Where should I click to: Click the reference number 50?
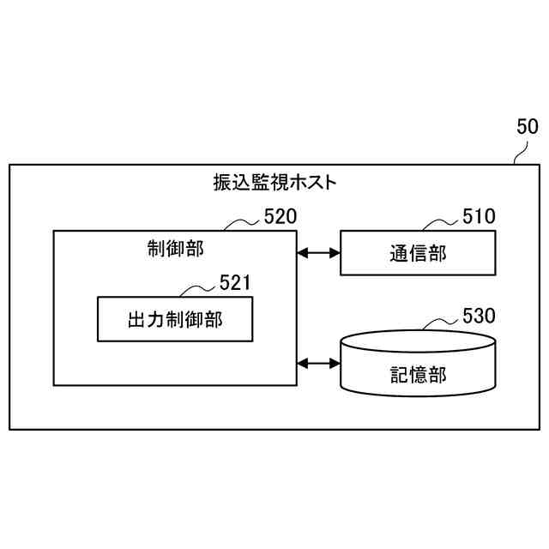(x=527, y=127)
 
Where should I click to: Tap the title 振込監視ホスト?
(x=274, y=183)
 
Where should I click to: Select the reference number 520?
(x=280, y=216)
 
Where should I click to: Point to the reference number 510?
(x=479, y=216)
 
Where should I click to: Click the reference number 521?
(x=237, y=282)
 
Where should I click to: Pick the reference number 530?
(x=479, y=315)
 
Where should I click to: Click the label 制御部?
(x=175, y=249)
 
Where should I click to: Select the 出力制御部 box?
(x=175, y=320)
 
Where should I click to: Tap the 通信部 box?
(x=418, y=253)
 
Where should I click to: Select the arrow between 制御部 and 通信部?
(x=318, y=253)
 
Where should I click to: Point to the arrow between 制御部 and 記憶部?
(x=318, y=364)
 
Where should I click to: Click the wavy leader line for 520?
(x=243, y=223)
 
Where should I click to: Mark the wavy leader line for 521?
(x=200, y=289)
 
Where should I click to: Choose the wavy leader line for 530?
(x=442, y=323)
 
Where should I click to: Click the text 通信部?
(x=418, y=253)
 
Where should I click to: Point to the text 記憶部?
(x=418, y=374)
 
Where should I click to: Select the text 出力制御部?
(x=175, y=320)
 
